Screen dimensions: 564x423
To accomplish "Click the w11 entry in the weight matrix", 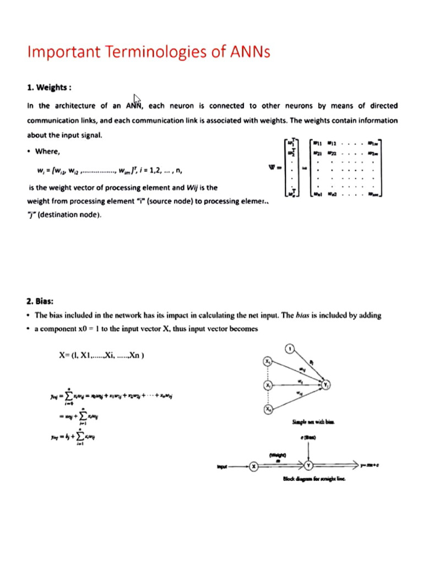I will coord(318,144).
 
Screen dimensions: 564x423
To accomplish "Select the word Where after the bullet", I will coord(48,151).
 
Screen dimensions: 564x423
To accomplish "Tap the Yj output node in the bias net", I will coord(327,384).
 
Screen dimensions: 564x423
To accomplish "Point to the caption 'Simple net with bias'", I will coord(312,422).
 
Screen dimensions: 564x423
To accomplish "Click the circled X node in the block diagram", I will coord(254,466).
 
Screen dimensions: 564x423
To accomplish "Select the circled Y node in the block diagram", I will coord(309,466).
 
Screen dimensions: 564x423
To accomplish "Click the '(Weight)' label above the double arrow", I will coord(278,455).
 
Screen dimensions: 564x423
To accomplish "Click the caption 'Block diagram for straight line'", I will coord(314,479).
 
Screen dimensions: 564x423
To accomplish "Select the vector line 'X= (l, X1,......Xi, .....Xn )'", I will coord(101,355).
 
